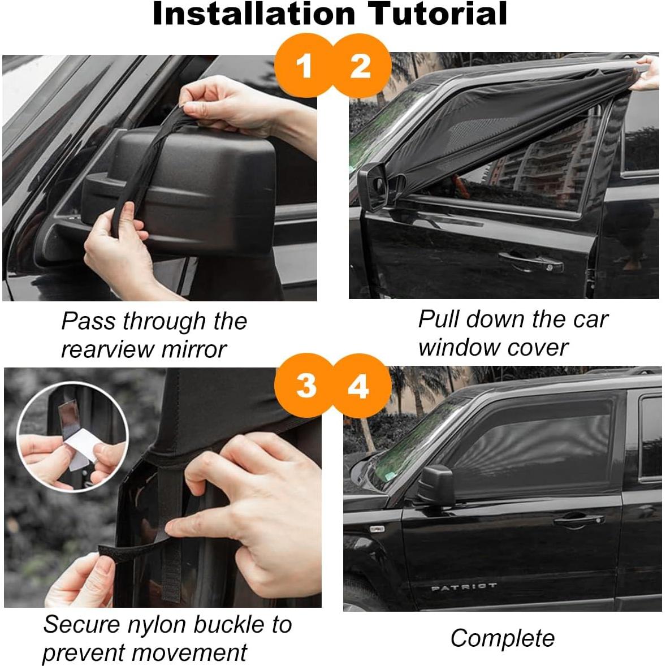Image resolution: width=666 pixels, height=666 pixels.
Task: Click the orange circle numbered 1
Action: [x=304, y=66]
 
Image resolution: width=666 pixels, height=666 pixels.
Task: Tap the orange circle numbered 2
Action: [x=361, y=66]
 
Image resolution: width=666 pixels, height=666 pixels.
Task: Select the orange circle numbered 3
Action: [x=305, y=386]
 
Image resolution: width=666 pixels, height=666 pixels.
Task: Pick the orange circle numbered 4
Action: [x=359, y=387]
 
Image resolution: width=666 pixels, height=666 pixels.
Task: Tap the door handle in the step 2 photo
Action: [x=531, y=261]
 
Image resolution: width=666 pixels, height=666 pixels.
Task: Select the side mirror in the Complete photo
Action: [x=438, y=485]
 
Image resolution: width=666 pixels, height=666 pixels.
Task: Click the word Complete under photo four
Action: [x=502, y=638]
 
